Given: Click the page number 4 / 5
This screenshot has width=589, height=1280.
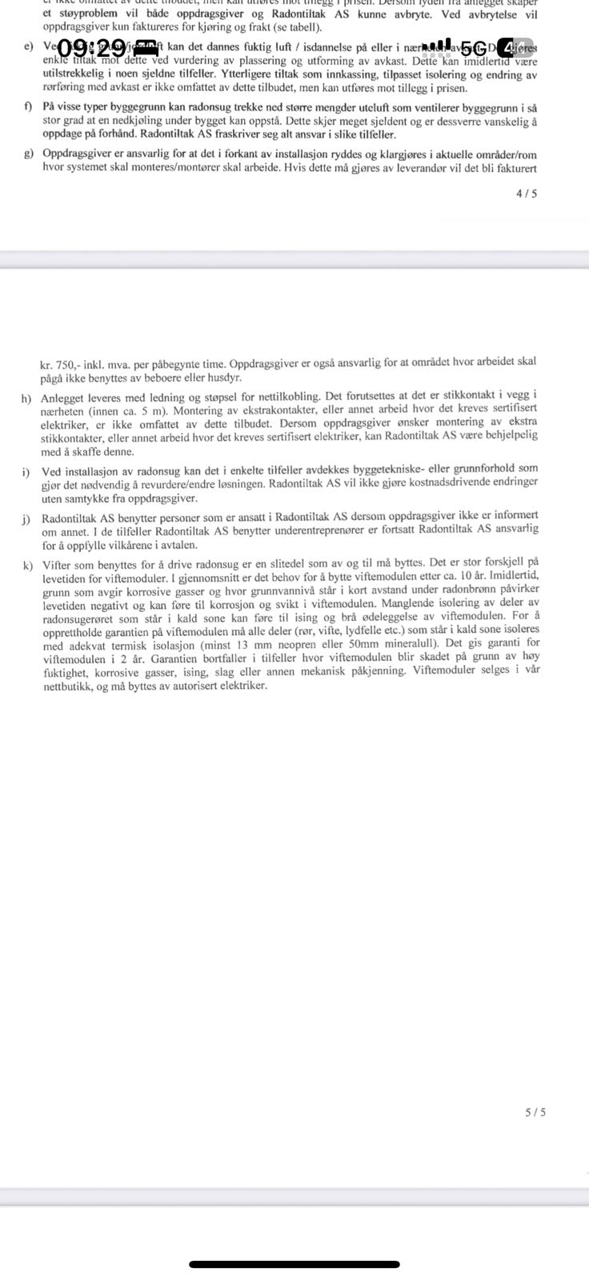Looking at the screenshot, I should (527, 194).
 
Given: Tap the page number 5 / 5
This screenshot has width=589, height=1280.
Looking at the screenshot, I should (535, 1112).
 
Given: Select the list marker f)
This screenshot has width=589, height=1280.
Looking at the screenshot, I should (29, 108).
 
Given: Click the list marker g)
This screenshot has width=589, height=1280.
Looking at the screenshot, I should (29, 154).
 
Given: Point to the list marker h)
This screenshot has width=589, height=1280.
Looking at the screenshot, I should (28, 397).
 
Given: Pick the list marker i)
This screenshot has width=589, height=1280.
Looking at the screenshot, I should (26, 470).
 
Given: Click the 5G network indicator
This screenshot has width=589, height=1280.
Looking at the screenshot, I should (478, 48).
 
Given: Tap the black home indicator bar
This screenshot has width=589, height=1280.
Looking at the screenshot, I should (294, 1265).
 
